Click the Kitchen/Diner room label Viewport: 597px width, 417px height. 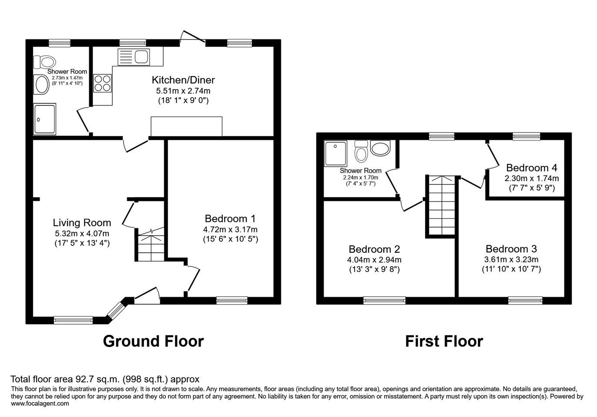(183, 80)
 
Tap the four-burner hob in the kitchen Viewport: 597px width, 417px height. (103, 83)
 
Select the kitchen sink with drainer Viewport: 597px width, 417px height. (134, 56)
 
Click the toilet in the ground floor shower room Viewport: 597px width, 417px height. (44, 62)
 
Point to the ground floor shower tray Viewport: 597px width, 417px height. (45, 119)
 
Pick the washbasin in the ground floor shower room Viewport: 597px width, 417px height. (42, 84)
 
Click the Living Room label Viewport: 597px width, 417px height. (82, 223)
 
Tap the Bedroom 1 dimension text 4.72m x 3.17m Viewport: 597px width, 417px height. (230, 229)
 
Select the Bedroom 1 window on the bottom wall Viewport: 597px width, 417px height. (232, 301)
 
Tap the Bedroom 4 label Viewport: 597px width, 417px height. (531, 168)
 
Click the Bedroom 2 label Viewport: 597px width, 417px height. (374, 249)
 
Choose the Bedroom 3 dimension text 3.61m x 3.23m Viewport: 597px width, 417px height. (511, 259)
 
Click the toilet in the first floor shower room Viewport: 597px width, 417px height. (361, 152)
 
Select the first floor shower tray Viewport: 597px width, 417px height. (335, 153)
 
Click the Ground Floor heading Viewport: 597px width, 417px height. (153, 341)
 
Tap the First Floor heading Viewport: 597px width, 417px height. (444, 341)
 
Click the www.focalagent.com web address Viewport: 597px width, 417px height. (40, 404)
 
